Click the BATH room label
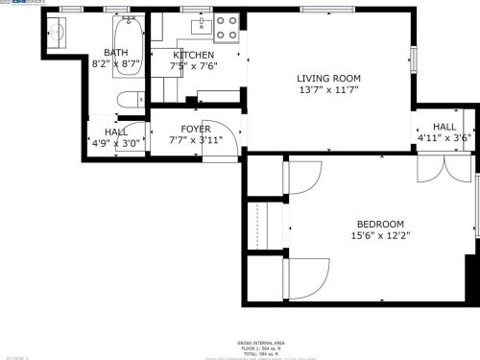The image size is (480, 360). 116,53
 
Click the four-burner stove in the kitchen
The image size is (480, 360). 228,29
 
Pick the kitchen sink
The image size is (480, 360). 203,23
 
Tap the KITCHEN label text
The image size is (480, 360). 193,55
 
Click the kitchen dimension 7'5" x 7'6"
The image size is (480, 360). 193,66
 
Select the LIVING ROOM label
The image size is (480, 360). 328,79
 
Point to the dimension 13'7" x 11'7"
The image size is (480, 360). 328,90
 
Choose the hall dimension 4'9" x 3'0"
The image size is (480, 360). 116,143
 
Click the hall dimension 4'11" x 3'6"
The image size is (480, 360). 444,138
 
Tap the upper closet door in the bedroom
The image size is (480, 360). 304,179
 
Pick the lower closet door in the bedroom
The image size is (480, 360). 304,279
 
